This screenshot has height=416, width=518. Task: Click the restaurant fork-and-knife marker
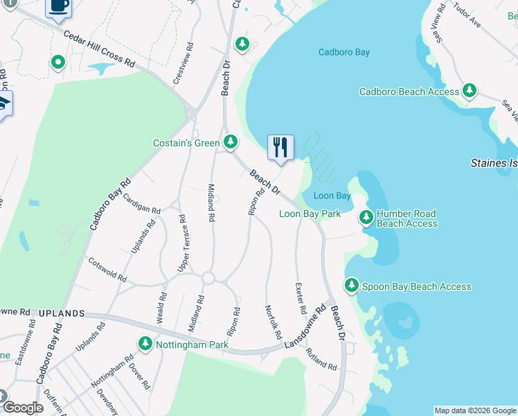tap(280, 148)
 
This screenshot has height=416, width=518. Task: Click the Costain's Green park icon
tap(231, 143)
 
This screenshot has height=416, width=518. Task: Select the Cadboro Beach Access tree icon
tap(470, 91)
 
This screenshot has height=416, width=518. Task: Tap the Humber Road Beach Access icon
tap(366, 218)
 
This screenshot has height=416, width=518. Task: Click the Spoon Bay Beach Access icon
tap(352, 286)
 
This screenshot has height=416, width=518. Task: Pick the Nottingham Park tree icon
tap(145, 343)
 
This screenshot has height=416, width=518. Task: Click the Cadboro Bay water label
tap(343, 52)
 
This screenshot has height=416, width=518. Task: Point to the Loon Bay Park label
tap(310, 214)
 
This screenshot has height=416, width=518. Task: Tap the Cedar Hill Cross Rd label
tap(98, 48)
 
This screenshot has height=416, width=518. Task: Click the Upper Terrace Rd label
tap(184, 243)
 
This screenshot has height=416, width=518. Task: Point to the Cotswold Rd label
tap(107, 270)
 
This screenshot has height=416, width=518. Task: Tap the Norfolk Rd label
tap(274, 322)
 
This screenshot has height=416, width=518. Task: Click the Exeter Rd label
tap(300, 296)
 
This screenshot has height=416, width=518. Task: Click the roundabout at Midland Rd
tap(208, 278)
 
